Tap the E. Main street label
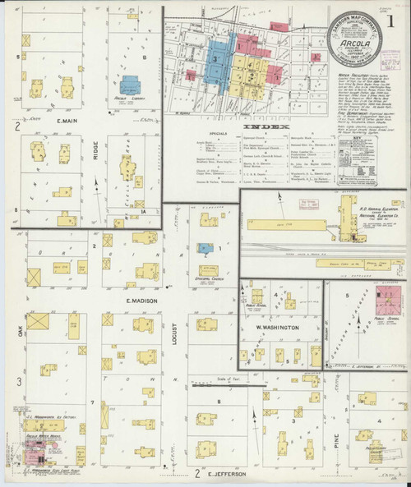49,126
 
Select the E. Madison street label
141,301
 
